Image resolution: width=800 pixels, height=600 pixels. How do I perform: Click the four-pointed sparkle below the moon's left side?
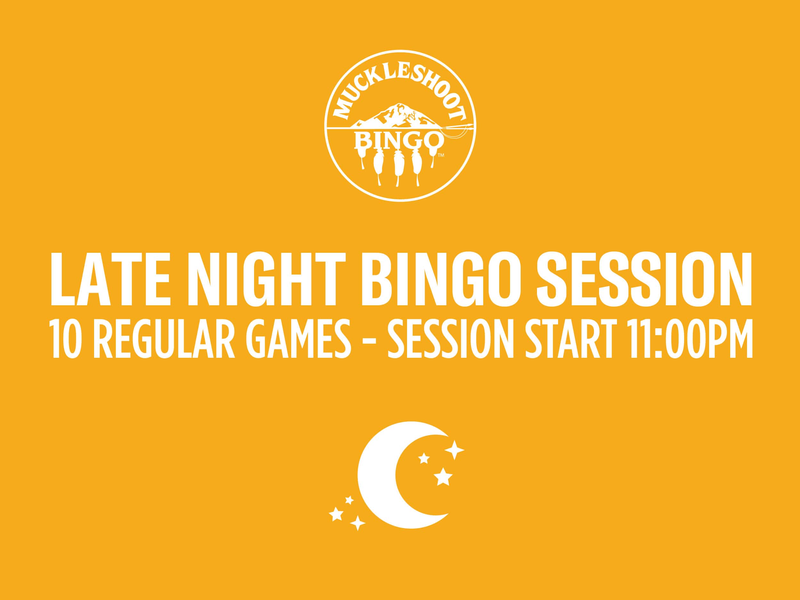pyautogui.click(x=358, y=523)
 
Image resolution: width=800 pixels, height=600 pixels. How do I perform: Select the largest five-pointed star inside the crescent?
pyautogui.click(x=443, y=477)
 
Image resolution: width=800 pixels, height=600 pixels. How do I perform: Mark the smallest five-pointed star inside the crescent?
pyautogui.click(x=423, y=459)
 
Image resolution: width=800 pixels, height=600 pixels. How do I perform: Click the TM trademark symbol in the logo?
pyautogui.click(x=441, y=156)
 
